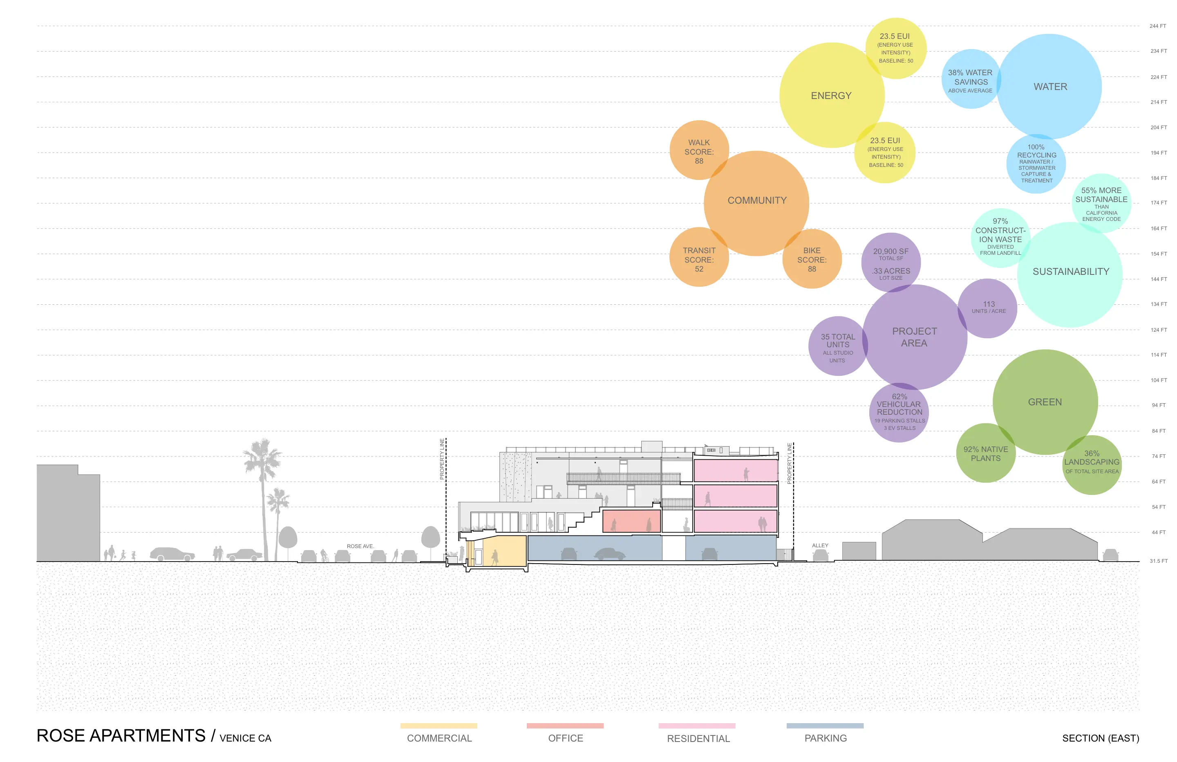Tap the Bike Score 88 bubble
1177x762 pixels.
[811, 259]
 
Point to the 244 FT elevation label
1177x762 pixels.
[1157, 26]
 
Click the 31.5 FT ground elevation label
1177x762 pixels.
[1158, 561]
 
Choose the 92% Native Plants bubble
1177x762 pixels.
[985, 453]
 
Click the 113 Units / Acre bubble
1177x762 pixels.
[988, 307]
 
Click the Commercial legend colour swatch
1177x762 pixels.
[439, 725]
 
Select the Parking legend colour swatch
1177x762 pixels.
[825, 725]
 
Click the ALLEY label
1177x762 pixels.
[819, 545]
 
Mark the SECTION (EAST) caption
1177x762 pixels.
[1100, 738]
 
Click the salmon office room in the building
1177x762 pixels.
[631, 521]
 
